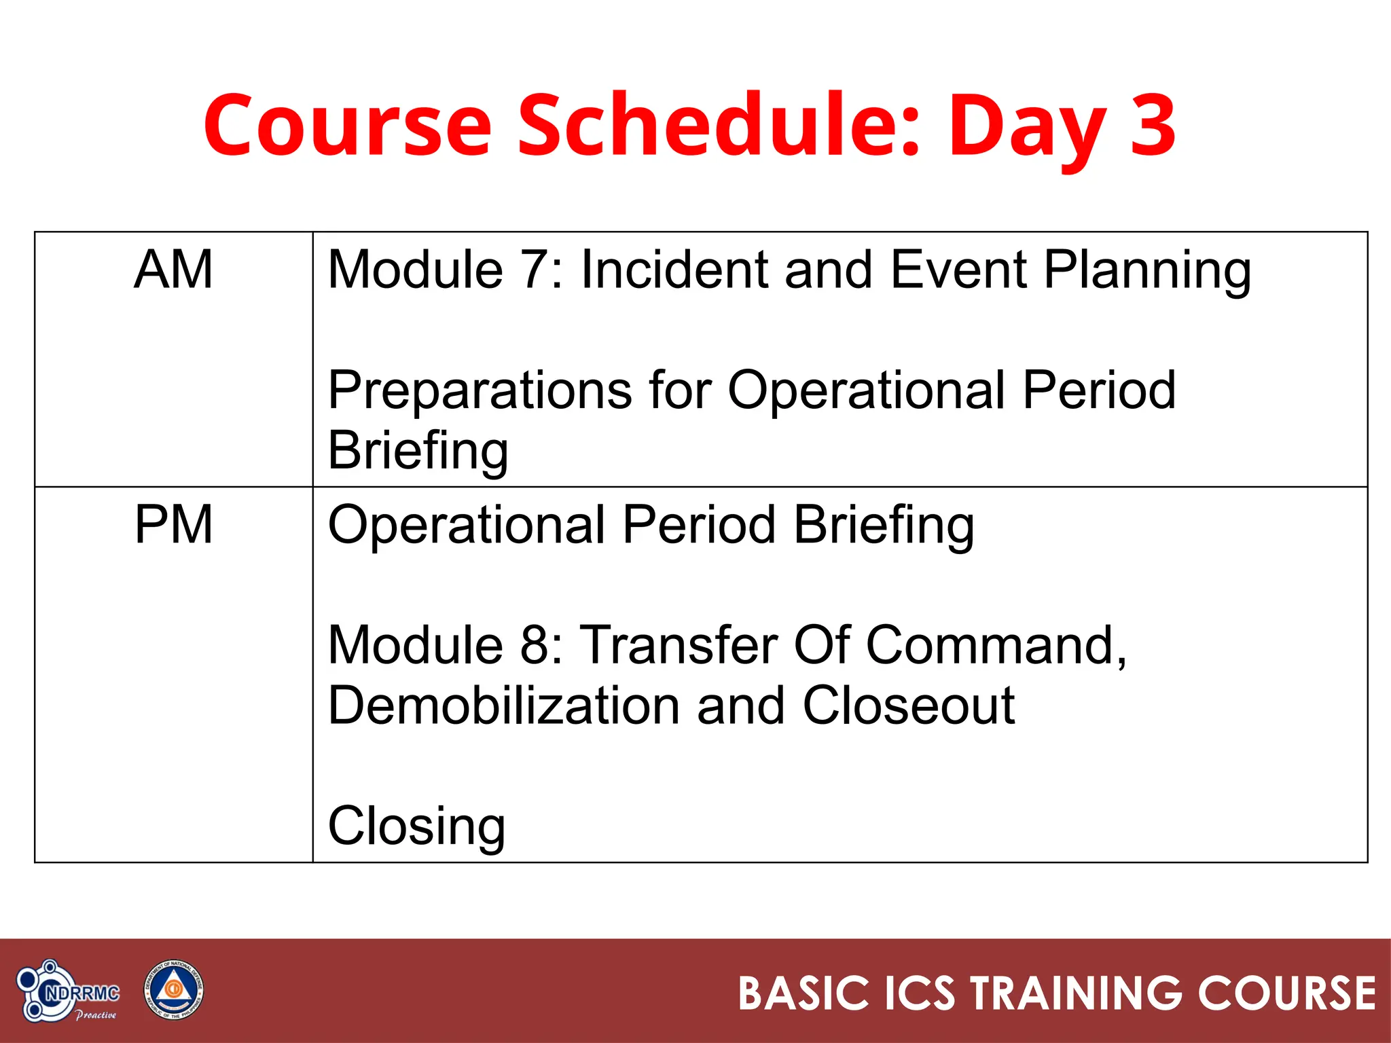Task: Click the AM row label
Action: [x=173, y=270]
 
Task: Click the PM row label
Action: [x=173, y=525]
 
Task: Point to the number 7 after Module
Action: [x=534, y=270]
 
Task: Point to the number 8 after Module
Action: [x=534, y=644]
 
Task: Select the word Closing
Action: [x=416, y=826]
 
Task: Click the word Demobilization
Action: [x=503, y=706]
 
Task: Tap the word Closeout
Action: [x=909, y=706]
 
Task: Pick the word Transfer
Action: [x=680, y=644]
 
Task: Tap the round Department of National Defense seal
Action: [x=173, y=990]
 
